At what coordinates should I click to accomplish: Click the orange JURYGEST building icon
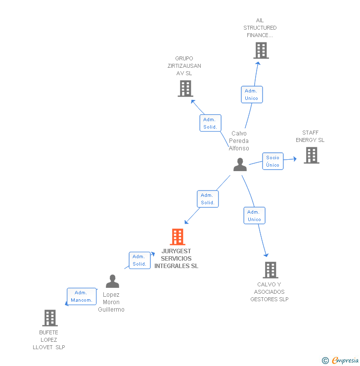click(178, 237)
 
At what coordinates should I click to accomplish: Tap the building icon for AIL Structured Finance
click(261, 50)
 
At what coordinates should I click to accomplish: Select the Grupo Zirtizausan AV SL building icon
click(185, 89)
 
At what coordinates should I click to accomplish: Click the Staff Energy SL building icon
click(311, 155)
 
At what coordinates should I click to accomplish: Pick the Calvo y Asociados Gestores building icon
click(270, 270)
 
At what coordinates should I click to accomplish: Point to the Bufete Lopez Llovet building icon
click(49, 318)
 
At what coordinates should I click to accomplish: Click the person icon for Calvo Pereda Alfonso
click(240, 165)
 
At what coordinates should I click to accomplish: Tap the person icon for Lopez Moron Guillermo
click(112, 281)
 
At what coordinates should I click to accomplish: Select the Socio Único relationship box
click(272, 161)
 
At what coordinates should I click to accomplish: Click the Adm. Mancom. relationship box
click(82, 296)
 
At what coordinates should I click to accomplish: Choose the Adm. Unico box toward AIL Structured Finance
click(251, 94)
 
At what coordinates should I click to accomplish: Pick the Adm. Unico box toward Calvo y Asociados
click(254, 216)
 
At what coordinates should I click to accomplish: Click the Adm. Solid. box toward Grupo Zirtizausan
click(210, 123)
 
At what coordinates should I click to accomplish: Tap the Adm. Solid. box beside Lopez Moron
click(139, 260)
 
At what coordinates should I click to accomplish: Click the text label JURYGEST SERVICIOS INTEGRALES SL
click(176, 259)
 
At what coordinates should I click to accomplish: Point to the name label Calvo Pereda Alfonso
click(239, 141)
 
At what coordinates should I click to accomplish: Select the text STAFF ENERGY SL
click(310, 136)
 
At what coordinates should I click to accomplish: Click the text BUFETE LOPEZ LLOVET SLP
click(48, 340)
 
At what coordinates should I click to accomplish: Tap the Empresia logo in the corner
click(341, 360)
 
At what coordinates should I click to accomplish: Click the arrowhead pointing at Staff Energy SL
click(295, 159)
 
